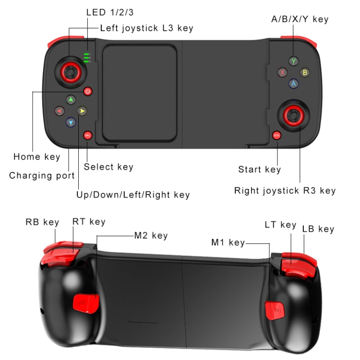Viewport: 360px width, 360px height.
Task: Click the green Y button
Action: point(293,61)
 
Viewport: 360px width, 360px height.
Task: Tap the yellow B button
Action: point(304,72)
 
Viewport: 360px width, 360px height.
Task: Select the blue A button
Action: point(293,84)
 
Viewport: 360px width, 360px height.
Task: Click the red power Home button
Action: point(87,91)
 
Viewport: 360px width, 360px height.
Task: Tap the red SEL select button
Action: point(87,135)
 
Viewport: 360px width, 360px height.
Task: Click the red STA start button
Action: point(276,135)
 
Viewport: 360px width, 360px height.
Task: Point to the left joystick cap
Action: point(70,72)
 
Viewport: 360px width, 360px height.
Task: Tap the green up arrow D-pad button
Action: point(71,100)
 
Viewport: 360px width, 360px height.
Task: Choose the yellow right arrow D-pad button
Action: point(82,111)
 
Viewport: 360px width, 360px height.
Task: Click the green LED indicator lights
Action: point(87,58)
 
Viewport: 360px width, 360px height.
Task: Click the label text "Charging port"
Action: point(42,176)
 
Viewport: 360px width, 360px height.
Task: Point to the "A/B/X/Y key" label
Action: point(300,19)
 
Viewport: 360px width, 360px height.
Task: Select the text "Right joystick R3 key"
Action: point(285,191)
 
